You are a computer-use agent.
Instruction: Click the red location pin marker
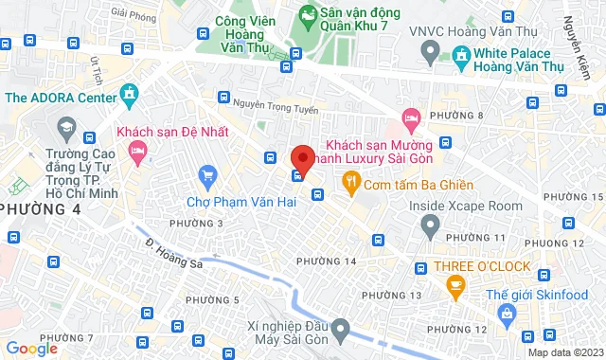302,157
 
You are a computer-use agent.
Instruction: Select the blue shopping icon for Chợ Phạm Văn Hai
207,175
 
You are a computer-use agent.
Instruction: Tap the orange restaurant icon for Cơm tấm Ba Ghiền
350,183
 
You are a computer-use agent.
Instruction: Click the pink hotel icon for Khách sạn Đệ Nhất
138,150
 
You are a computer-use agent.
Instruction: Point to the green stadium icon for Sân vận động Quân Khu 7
308,15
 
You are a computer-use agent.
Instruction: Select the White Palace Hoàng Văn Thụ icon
461,56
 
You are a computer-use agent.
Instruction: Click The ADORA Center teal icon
130,96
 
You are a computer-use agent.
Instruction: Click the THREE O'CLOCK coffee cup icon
455,284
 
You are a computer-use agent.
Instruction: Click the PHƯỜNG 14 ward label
326,261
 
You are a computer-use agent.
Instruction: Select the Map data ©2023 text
563,352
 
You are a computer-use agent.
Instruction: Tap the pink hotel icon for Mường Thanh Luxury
411,119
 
